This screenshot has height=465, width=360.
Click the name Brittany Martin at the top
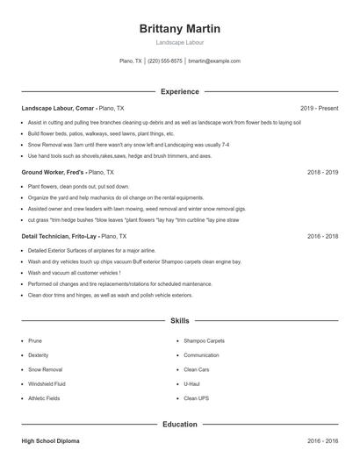(x=179, y=28)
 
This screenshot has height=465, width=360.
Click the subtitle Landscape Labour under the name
(x=179, y=42)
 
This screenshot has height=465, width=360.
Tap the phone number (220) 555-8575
(x=165, y=61)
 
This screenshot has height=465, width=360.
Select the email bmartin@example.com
(x=214, y=61)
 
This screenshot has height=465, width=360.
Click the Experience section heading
(x=179, y=91)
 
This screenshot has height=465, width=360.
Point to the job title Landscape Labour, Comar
(x=58, y=108)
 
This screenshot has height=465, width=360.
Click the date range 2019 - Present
(x=319, y=108)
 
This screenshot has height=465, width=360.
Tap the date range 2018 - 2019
(x=322, y=173)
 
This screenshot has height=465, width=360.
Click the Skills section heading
(x=179, y=321)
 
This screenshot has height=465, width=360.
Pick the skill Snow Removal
(x=45, y=369)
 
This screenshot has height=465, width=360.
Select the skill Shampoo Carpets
(x=204, y=340)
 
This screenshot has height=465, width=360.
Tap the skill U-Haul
(x=192, y=384)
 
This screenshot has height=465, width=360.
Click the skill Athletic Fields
(x=45, y=398)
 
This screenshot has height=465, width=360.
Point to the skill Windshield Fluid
(x=47, y=384)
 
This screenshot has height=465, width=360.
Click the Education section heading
(x=179, y=424)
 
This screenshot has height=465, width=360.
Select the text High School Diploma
(x=52, y=440)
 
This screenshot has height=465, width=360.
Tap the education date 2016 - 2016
(x=322, y=440)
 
